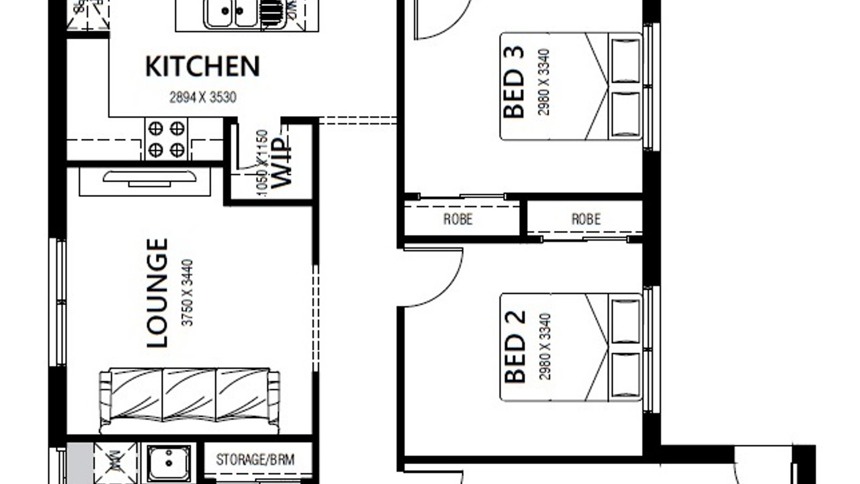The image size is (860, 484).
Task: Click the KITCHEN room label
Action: click(203, 66)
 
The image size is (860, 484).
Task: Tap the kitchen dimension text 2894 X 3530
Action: click(203, 97)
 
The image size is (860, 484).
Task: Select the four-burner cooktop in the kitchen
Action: click(166, 139)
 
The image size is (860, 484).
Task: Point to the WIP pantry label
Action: click(282, 163)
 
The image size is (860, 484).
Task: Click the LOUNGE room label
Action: click(157, 293)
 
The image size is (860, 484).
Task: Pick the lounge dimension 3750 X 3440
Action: click(188, 293)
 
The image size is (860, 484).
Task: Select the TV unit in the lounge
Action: click(150, 179)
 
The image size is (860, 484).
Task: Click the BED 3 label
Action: click(514, 82)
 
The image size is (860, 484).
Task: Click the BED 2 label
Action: click(515, 347)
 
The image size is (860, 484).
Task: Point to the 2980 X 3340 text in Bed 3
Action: click(544, 82)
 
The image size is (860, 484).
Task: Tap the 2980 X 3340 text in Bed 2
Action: click(545, 347)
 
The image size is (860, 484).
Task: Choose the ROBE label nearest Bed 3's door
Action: click(458, 219)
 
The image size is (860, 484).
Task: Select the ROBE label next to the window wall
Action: click(586, 219)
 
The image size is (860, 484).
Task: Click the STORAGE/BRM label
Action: click(255, 460)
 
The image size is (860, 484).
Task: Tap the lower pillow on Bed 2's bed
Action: click(626, 375)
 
